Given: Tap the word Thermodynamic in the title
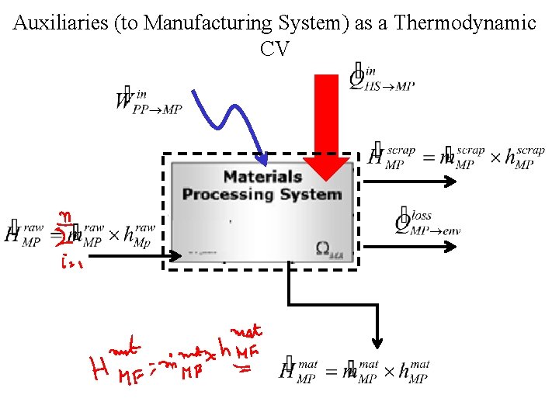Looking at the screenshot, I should point(465,23).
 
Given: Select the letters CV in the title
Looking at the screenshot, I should point(276,49).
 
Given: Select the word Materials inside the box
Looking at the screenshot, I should point(262,177).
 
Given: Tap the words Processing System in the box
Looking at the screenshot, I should point(262,194).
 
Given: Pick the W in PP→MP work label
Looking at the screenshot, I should point(124,101).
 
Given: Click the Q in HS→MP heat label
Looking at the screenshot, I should point(358,78).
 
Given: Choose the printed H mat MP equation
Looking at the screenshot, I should point(353,371).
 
